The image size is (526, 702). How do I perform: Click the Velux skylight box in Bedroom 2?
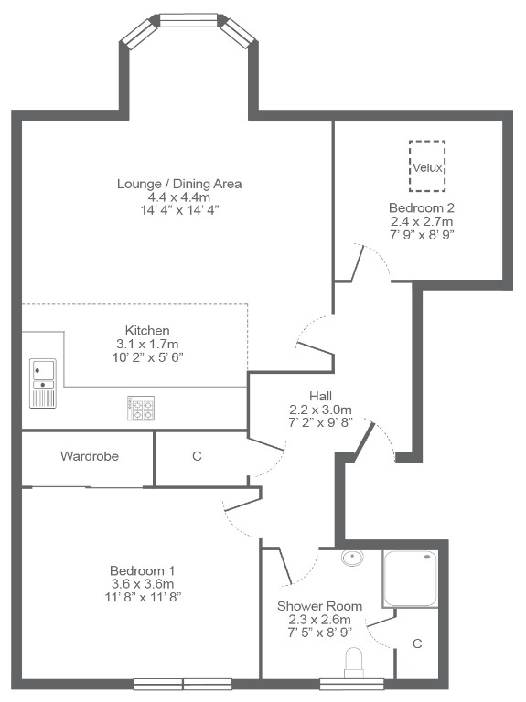point(427,142)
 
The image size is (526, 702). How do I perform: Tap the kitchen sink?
point(43,383)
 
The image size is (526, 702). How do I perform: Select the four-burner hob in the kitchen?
point(141,409)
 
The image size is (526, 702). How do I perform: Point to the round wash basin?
point(352,558)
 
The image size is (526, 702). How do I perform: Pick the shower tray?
point(410,579)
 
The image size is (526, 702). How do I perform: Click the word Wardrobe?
point(90,456)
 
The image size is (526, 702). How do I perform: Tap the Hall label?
point(321,396)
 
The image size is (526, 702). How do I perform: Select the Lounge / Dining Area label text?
point(179,184)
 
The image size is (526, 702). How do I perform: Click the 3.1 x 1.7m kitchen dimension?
point(147,344)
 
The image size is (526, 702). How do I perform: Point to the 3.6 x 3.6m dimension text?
point(143,584)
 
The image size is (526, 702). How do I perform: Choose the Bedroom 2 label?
point(422,207)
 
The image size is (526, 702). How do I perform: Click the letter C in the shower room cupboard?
point(417,643)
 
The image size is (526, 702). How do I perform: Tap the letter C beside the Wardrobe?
point(198,456)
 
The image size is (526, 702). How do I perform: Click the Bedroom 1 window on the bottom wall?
point(183,684)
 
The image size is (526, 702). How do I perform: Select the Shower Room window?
point(352,684)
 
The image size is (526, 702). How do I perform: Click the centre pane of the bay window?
point(188,20)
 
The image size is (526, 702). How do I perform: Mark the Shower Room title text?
point(319,606)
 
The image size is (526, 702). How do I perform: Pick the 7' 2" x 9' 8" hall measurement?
point(321,421)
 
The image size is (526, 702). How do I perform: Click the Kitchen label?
point(147,330)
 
